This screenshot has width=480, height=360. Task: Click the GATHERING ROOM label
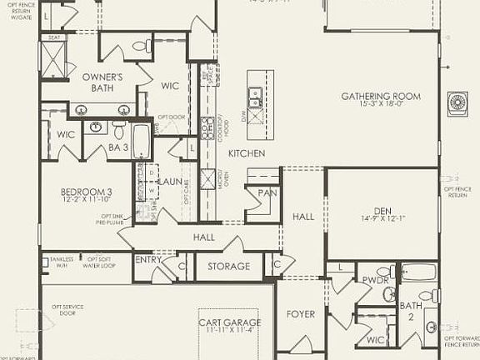coord(380,96)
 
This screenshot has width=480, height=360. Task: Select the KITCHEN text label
coord(247,153)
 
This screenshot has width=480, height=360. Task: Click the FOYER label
coord(302,314)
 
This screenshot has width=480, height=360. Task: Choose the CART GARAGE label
coord(229,322)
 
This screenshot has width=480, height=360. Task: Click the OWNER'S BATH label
coord(102,82)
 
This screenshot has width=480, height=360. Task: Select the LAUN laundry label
coord(172,181)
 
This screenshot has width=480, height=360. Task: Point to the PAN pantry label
coord(267,192)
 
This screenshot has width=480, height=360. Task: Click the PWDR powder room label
coord(371,281)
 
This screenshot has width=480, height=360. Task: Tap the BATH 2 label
coord(411,311)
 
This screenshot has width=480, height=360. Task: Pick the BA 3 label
coord(117,148)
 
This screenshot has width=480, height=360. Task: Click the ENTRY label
coord(148,260)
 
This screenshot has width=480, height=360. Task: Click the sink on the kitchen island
coord(254,93)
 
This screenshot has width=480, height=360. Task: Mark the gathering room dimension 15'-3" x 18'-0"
coord(380,105)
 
